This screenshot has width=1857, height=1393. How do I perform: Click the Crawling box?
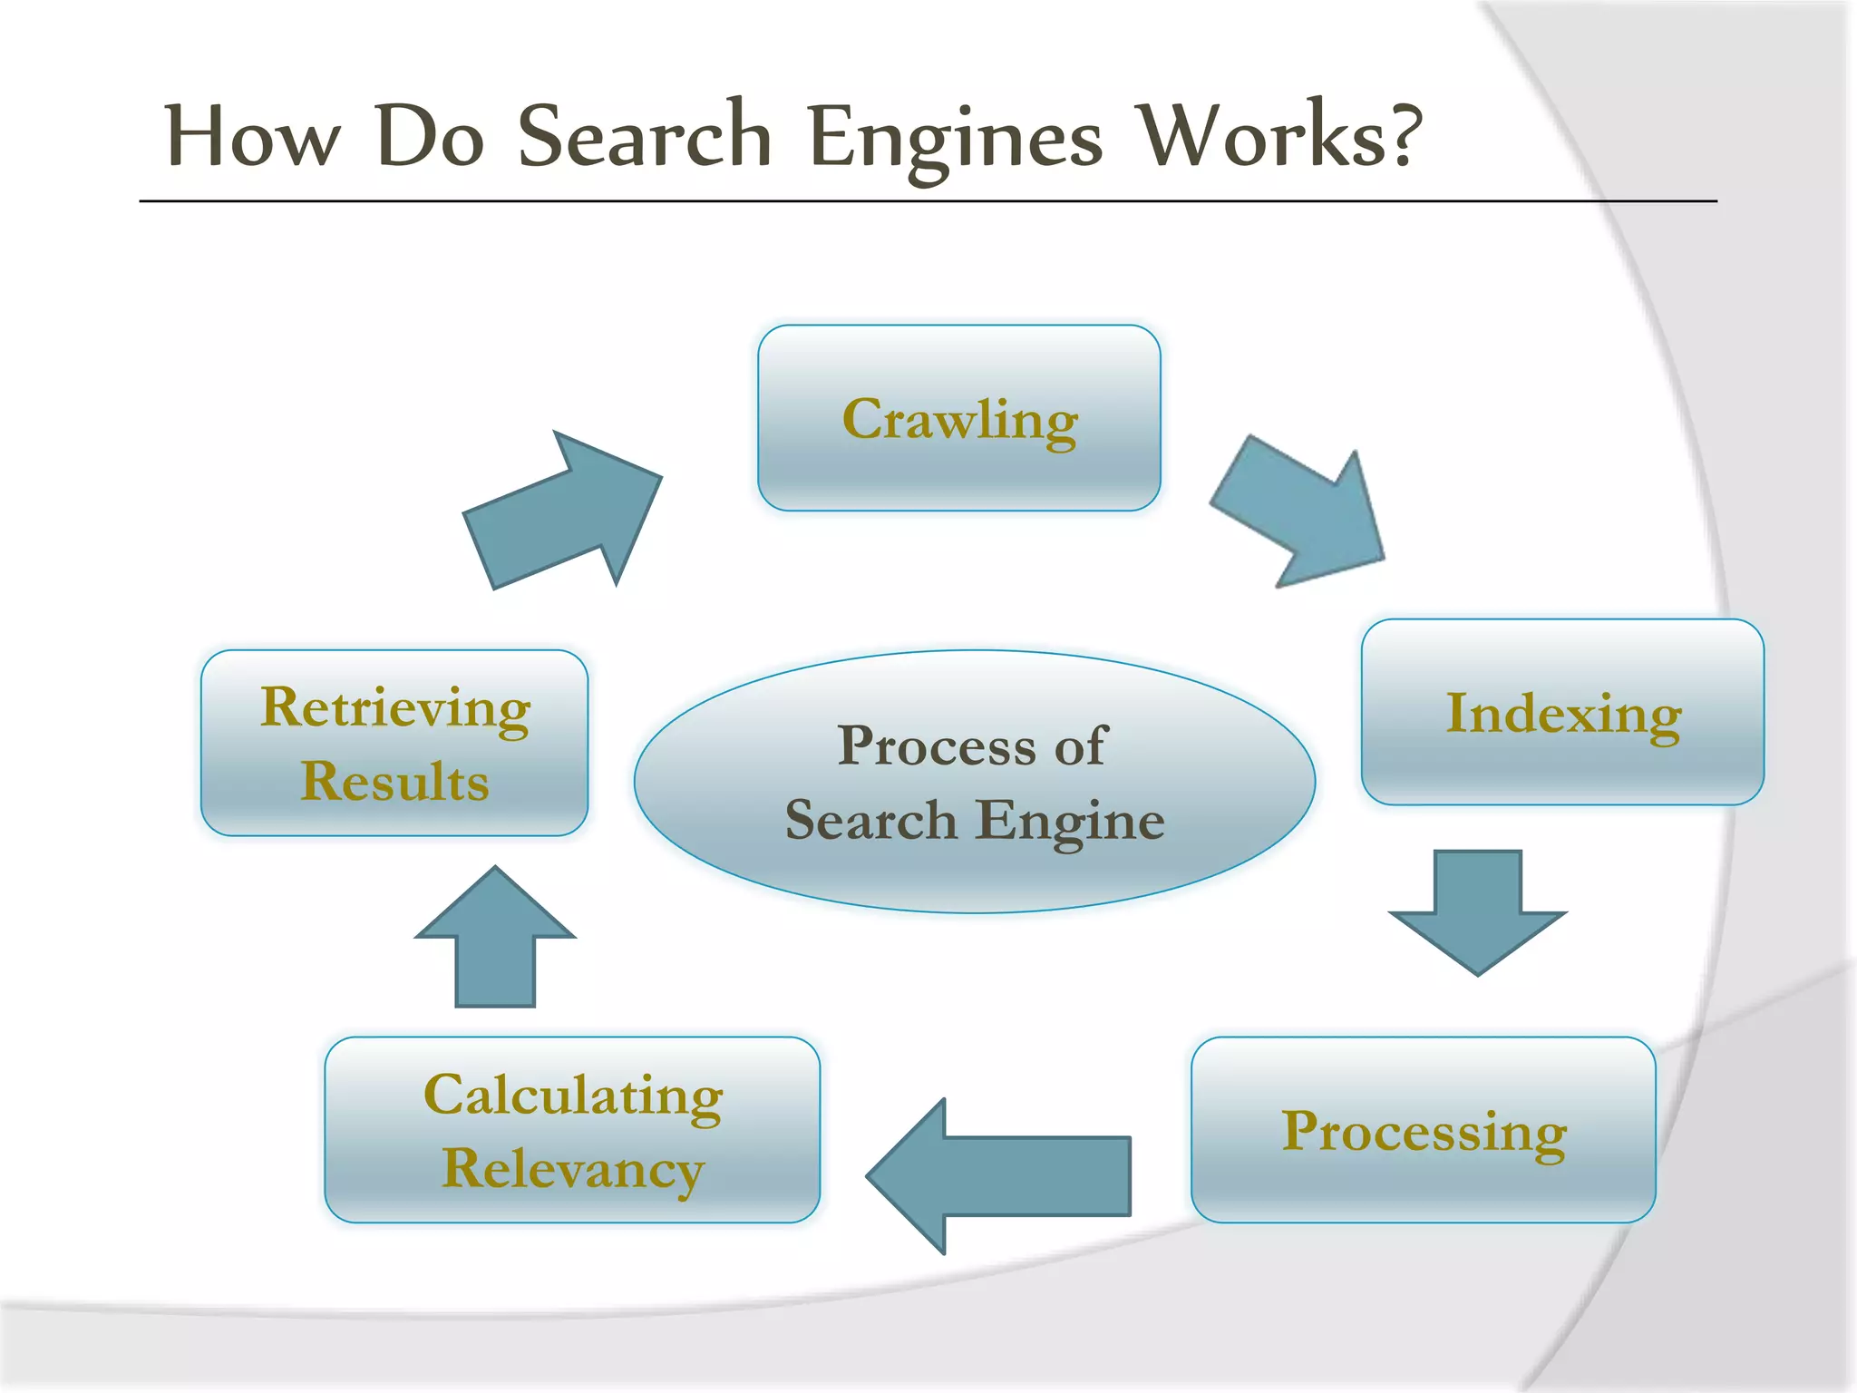point(958,418)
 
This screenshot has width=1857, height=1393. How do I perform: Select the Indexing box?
point(1562,712)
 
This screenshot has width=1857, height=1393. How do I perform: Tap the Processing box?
point(1423,1130)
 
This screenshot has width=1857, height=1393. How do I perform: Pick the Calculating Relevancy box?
point(572,1130)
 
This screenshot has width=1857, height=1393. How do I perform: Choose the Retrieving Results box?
point(394,743)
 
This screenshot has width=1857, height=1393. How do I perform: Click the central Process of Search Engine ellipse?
point(974,781)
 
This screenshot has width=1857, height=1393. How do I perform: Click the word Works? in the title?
point(1279,136)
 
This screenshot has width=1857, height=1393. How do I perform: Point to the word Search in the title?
point(644,136)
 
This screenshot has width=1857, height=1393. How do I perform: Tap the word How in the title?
point(253,136)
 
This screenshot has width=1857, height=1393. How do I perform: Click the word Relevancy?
point(572,1169)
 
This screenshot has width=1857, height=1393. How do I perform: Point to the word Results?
point(394,781)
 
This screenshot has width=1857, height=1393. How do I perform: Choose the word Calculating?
point(572,1096)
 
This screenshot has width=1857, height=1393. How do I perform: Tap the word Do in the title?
point(430,136)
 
